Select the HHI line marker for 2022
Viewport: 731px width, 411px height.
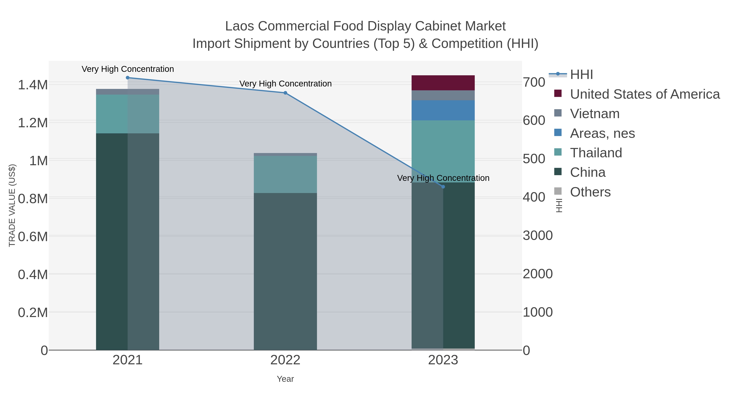tap(285, 93)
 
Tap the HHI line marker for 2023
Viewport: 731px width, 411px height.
tap(443, 187)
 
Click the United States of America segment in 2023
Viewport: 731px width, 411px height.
tap(443, 83)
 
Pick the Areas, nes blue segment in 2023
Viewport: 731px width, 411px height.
tap(443, 110)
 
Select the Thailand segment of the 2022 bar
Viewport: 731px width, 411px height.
tap(285, 174)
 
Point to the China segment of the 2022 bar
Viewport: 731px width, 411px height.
tap(285, 271)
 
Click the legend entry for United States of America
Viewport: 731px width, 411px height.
tap(644, 94)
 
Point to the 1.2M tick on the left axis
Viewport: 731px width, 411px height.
tap(33, 123)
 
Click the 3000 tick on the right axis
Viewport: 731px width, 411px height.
tap(537, 235)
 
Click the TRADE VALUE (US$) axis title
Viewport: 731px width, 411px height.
tap(12, 205)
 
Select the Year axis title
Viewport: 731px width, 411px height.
tap(285, 379)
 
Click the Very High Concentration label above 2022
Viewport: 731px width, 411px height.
tap(285, 84)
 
